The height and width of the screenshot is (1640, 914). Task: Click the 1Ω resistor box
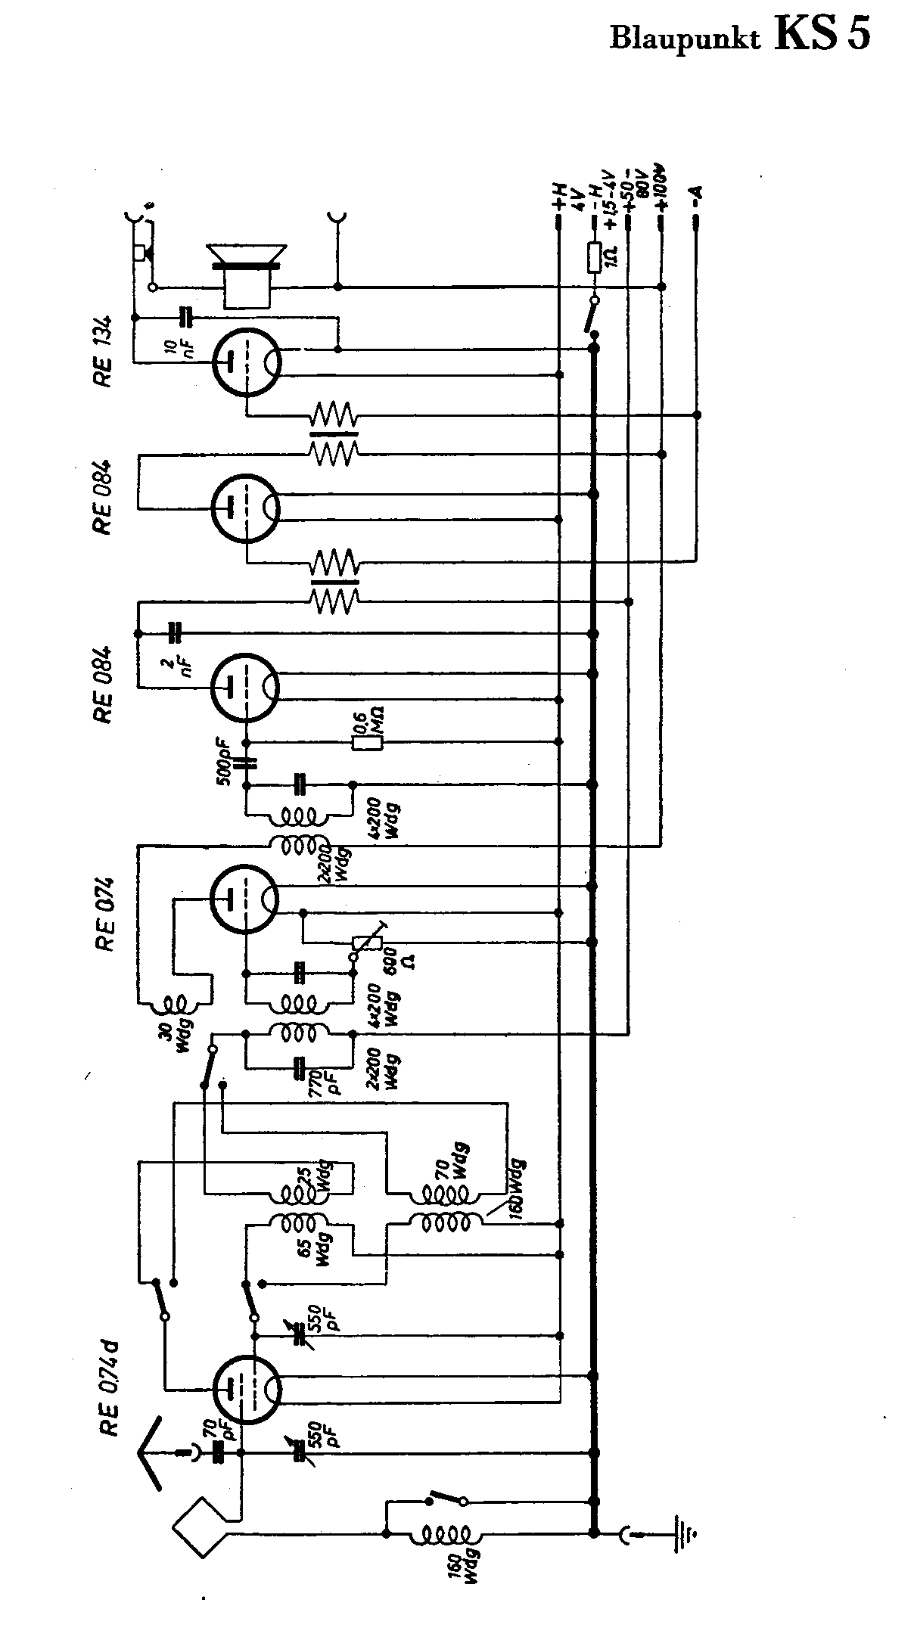point(594,257)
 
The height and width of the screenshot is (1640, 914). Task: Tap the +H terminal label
point(560,198)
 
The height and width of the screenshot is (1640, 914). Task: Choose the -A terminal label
point(697,198)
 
